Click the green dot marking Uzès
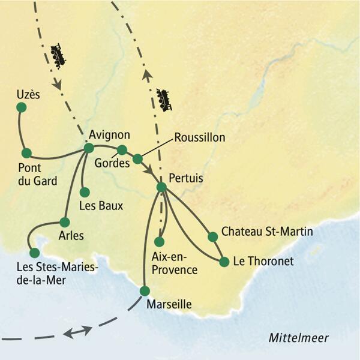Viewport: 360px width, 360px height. point(21,107)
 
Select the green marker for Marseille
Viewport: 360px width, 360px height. point(144,290)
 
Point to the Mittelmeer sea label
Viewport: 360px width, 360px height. point(298,338)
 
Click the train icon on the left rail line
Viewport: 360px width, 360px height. point(58,56)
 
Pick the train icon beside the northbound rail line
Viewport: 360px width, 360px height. point(163,100)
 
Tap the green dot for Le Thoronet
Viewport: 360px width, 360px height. point(224,262)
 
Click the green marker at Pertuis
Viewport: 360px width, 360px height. point(161,187)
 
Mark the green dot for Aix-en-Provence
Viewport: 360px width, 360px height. point(159,242)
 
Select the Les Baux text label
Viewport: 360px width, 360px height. point(101,206)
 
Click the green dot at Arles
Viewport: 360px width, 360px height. point(65,221)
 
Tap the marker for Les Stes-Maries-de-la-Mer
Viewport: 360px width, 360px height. point(35,253)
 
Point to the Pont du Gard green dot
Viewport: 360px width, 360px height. point(26,152)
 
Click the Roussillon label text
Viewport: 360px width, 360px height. point(199,137)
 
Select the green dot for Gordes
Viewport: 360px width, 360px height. point(122,149)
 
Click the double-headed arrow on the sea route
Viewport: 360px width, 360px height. point(78,331)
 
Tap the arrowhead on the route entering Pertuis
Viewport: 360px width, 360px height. point(148,169)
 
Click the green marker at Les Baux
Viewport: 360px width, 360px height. point(85,192)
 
